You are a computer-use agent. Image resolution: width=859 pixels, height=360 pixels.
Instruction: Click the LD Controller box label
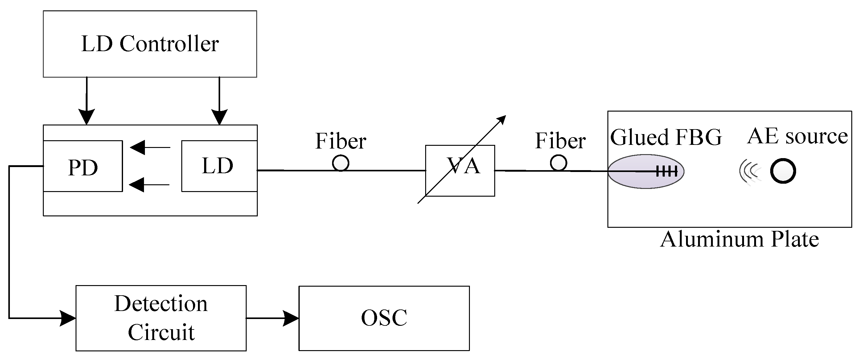pos(150,44)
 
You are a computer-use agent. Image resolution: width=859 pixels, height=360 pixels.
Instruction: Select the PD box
pos(83,166)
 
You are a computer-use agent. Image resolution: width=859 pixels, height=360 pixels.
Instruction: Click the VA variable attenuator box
pos(460,171)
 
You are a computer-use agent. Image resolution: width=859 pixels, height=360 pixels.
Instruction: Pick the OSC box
pos(384,318)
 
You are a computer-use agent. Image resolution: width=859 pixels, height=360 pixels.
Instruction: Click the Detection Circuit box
pos(161,318)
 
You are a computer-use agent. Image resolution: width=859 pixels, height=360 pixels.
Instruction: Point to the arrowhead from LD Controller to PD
pos(86,117)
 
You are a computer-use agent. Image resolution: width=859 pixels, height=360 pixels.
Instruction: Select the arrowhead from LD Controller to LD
pos(220,117)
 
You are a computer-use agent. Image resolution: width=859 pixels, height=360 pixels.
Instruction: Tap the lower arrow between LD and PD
pos(149,185)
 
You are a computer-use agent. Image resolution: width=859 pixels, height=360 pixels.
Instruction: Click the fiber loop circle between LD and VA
pos(340,163)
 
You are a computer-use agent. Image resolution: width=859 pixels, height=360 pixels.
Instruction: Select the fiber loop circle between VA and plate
pos(558,163)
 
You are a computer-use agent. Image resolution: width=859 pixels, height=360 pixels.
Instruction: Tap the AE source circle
pos(783,171)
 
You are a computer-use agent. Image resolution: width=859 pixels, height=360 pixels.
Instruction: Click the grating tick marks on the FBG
pos(667,172)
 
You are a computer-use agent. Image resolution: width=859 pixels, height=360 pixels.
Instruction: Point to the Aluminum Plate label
pos(739,240)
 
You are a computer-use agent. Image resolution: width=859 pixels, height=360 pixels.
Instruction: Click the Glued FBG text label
pos(666,137)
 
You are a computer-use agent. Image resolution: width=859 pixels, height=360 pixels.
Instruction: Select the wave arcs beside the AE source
pos(750,172)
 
